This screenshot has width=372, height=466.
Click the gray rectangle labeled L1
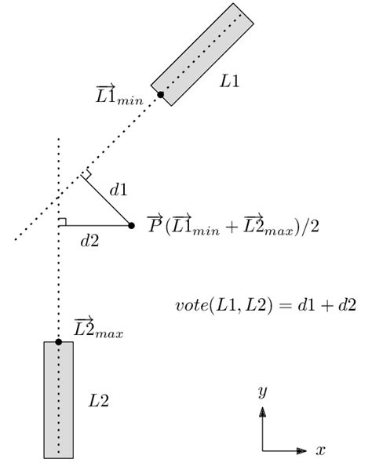[x=202, y=53]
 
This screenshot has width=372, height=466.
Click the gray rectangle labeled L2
[x=58, y=399]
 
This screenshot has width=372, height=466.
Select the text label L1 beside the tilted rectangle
[x=229, y=82]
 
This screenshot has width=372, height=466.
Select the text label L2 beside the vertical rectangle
[x=98, y=401]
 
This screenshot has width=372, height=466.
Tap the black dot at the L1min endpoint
[x=160, y=95]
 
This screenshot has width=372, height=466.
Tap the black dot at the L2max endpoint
[x=58, y=342]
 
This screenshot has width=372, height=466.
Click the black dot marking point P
[x=131, y=226]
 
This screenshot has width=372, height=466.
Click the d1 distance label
[x=119, y=189]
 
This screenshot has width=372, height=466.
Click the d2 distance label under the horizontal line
[x=89, y=242]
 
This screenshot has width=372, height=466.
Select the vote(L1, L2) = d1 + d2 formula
[x=265, y=304]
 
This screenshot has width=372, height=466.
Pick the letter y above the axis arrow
[x=262, y=391]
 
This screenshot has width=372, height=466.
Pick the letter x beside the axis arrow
[x=320, y=451]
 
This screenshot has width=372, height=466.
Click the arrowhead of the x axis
[x=303, y=451]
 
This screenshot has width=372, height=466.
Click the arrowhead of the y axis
[x=262, y=410]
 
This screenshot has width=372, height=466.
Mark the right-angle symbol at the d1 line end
[x=86, y=174]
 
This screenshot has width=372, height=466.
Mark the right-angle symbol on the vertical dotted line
[x=62, y=222]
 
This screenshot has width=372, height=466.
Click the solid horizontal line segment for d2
[x=94, y=226]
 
